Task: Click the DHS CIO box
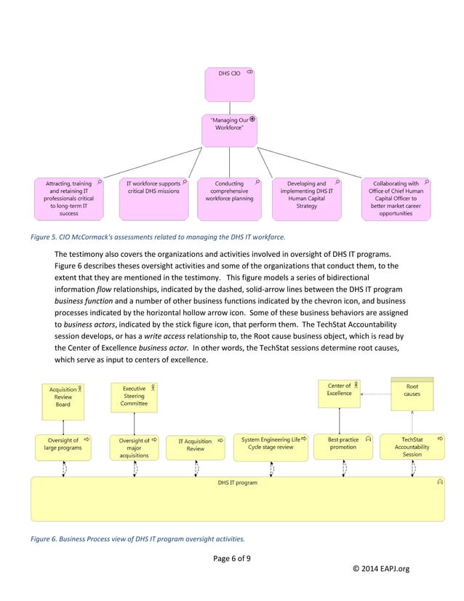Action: click(x=230, y=84)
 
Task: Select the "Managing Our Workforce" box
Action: click(x=230, y=130)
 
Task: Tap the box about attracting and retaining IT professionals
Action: click(x=69, y=199)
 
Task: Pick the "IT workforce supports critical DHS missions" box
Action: click(x=153, y=199)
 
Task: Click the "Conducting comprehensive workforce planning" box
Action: click(x=230, y=199)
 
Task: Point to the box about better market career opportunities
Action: click(x=396, y=199)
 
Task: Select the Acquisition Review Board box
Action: click(x=63, y=397)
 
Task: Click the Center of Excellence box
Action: click(x=340, y=393)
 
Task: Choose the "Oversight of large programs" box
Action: click(x=63, y=447)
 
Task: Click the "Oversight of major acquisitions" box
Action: click(x=135, y=447)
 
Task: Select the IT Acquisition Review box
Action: click(x=196, y=447)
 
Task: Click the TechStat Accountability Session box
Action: click(x=412, y=447)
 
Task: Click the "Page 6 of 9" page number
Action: click(x=231, y=558)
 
